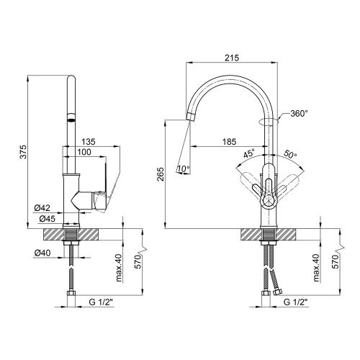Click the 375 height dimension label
(23, 152)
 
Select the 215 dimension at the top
(232, 58)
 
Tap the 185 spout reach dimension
(230, 142)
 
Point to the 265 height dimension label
(161, 174)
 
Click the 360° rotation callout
(299, 114)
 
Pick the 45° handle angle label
(248, 153)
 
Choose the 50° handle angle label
(290, 154)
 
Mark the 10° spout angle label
(184, 169)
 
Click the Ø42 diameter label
(42, 208)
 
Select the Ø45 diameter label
(47, 219)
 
